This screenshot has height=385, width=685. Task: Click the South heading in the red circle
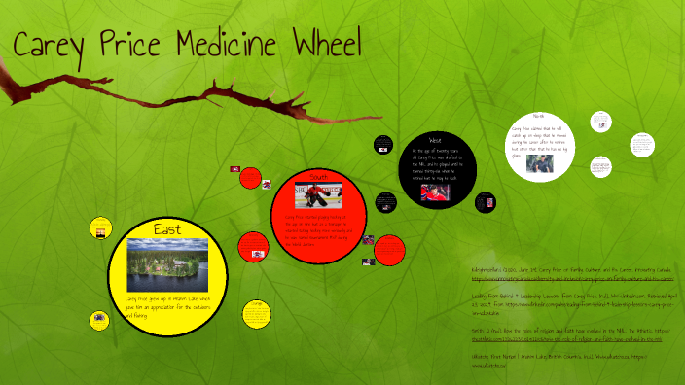tap(317, 176)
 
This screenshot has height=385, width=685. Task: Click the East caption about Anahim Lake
tap(167, 302)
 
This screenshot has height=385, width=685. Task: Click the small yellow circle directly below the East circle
tap(256, 312)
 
